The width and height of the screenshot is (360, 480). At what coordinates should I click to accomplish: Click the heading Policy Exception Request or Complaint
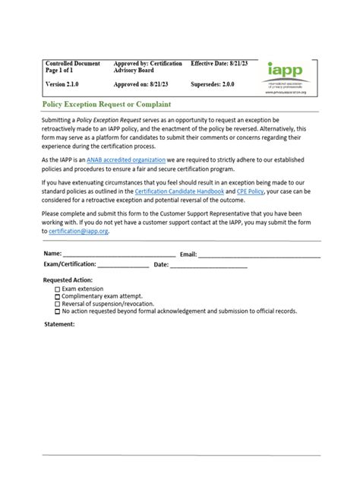tap(106, 103)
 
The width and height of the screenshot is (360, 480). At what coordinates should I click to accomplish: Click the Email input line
tap(259, 253)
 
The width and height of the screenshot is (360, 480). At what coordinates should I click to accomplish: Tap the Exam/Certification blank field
tap(123, 264)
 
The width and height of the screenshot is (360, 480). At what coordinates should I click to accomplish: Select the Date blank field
tap(209, 264)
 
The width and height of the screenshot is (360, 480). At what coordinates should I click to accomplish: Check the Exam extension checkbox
tap(58, 290)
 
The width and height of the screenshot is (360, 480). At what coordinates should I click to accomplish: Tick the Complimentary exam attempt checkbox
tap(58, 297)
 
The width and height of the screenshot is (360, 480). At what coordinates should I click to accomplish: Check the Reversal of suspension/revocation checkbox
tap(58, 304)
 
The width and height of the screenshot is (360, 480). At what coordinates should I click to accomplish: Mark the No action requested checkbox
tap(58, 311)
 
